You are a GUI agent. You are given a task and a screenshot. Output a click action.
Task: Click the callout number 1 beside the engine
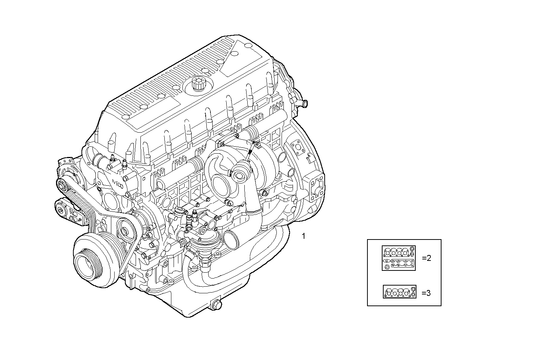pyautogui.click(x=303, y=236)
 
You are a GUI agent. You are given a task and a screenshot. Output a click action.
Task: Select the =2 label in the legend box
pyautogui.click(x=426, y=258)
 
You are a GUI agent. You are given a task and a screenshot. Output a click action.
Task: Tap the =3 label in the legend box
pyautogui.click(x=426, y=293)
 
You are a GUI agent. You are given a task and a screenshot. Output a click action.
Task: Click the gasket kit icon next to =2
pyautogui.click(x=399, y=258)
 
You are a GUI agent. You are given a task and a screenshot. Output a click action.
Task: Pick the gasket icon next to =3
pyautogui.click(x=399, y=292)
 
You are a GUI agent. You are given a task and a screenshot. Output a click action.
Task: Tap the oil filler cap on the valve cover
pyautogui.click(x=198, y=84)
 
